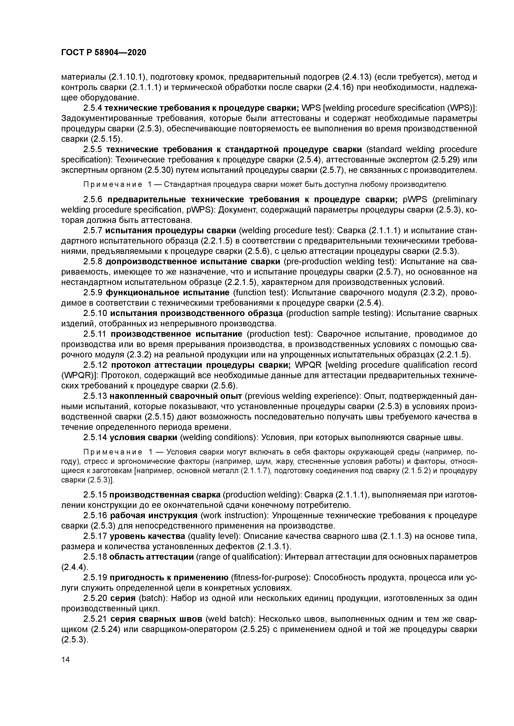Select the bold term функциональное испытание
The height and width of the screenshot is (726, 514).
tap(167, 292)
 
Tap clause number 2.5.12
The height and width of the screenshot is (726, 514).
tap(95, 365)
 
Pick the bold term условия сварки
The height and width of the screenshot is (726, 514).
tap(143, 438)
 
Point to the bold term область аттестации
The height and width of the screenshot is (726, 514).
tap(151, 557)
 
